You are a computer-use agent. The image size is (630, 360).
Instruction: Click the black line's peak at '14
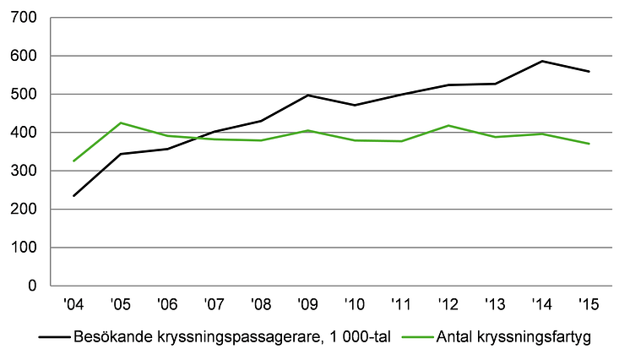point(542,61)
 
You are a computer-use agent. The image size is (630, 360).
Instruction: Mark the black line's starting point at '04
point(74,196)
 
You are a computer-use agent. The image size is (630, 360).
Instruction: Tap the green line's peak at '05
point(121,123)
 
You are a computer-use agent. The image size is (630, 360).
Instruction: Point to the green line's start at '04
point(74,161)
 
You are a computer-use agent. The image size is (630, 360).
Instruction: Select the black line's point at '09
point(308,95)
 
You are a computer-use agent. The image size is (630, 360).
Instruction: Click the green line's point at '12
point(448,125)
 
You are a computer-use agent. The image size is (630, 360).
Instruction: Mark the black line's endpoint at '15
point(589,72)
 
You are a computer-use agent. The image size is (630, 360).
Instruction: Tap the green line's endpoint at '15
point(589,144)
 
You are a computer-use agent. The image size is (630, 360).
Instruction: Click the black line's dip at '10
point(355,106)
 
